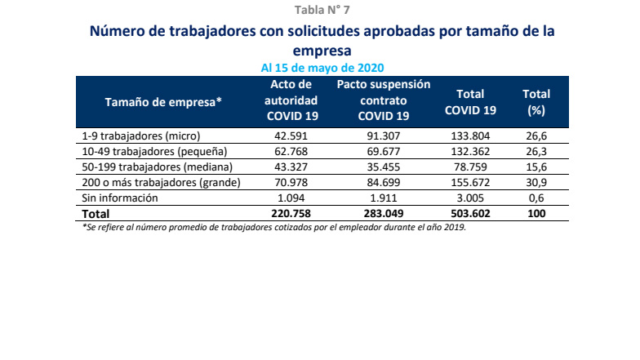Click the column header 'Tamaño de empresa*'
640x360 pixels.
pos(164,100)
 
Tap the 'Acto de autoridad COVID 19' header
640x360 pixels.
pos(291,100)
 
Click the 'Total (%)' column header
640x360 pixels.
pos(536,101)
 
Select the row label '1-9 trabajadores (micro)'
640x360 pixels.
pos(141,136)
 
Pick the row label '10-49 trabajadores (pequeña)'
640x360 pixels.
pos(154,151)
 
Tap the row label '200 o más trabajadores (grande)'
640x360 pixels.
pos(162,182)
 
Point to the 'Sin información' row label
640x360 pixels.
pos(120,198)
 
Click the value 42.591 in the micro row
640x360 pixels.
pos(291,136)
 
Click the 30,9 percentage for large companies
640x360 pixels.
pos(536,182)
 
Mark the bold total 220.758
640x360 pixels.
pos(291,214)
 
